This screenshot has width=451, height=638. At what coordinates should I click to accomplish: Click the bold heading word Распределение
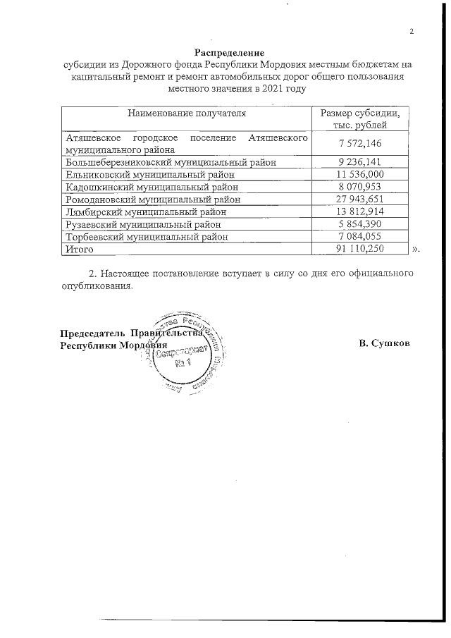[x=229, y=53]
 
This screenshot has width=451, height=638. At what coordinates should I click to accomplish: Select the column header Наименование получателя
[x=187, y=113]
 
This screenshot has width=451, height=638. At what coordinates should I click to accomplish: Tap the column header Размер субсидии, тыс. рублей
[x=360, y=118]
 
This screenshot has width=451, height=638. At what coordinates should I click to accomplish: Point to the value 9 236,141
[x=360, y=161]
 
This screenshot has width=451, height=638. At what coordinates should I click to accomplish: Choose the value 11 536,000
[x=360, y=174]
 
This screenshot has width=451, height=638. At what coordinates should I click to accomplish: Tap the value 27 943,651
[x=360, y=199]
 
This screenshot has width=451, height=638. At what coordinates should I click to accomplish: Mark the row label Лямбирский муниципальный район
[x=144, y=211]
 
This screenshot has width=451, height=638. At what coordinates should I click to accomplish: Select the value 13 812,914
[x=360, y=211]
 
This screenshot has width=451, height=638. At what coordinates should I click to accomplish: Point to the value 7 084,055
[x=360, y=237]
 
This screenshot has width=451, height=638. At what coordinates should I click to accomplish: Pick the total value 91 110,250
[x=360, y=250]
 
